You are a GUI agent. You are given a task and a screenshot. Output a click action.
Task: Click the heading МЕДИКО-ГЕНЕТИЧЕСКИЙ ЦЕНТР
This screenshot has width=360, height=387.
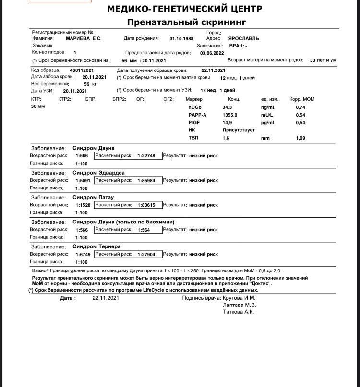pos(185,9)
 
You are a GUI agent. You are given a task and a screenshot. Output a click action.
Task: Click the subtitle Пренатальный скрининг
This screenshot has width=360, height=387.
pos(186,22)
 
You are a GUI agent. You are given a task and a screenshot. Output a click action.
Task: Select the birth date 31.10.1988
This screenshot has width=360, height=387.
pos(181,38)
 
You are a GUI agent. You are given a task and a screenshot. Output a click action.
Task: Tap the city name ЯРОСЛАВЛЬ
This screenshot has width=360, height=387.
pos(243,38)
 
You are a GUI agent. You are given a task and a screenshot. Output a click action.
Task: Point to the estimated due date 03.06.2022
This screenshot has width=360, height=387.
pos(212,53)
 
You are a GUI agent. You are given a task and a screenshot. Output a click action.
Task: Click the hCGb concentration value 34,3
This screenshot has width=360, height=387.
pos(227,107)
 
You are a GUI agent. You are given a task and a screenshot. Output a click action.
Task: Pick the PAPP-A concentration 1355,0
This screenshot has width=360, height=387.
pos(230,115)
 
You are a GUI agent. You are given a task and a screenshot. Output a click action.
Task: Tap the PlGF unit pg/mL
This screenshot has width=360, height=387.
pos(267,123)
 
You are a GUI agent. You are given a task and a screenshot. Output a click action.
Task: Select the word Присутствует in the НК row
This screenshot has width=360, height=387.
pos(239,130)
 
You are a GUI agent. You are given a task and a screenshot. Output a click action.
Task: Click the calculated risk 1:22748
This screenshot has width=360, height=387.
pos(146,156)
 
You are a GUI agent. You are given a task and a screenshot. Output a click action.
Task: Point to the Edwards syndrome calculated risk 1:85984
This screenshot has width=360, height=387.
pos(146,180)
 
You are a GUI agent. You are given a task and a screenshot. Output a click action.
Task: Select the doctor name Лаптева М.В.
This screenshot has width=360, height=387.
pos(240,305)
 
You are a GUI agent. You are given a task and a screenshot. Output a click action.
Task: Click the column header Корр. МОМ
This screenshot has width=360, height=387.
pos(302,99)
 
